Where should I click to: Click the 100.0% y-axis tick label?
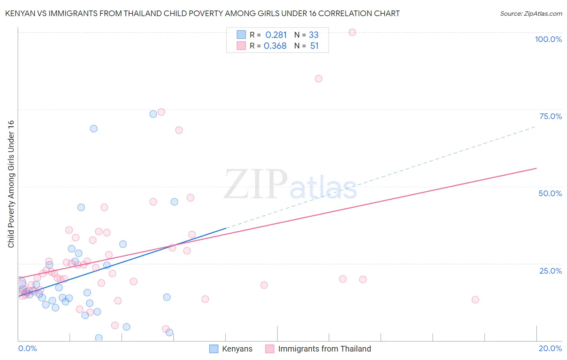click(x=548, y=39)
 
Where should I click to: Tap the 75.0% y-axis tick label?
click(x=550, y=116)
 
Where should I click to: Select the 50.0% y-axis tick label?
click(x=550, y=193)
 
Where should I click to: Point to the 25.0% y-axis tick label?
click(x=550, y=271)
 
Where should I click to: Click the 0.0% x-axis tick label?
click(x=27, y=348)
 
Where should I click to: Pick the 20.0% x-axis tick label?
click(x=550, y=348)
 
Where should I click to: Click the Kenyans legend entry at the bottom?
click(x=237, y=349)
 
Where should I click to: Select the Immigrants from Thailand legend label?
click(x=324, y=349)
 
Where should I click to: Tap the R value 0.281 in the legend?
click(x=276, y=35)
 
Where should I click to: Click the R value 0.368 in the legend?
click(x=275, y=46)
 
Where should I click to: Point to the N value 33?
click(x=314, y=35)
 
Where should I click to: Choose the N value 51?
click(x=315, y=46)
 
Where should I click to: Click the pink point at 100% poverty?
click(x=352, y=32)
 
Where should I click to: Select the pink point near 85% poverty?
click(x=319, y=79)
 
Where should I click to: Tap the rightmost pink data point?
click(x=475, y=299)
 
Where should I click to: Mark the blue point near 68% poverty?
click(x=94, y=129)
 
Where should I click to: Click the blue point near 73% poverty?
click(x=153, y=114)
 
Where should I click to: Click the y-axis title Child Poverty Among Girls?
click(x=11, y=184)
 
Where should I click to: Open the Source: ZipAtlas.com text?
click(x=531, y=14)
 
